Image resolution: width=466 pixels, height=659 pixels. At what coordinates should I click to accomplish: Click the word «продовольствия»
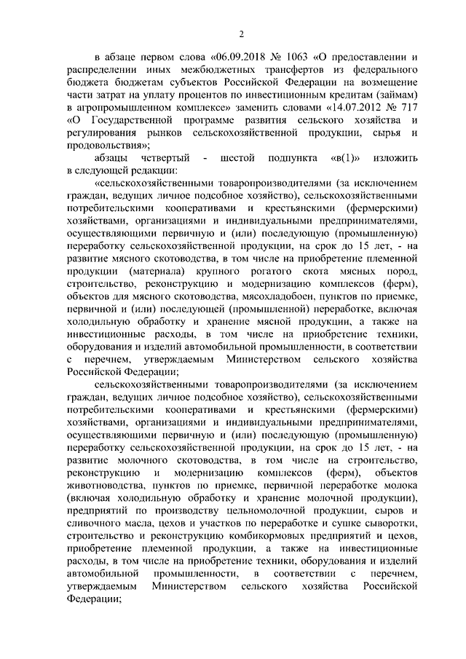pos(102,144)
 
